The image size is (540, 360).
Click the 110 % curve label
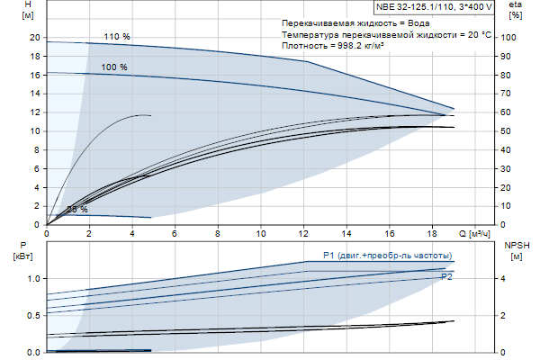pos(117,37)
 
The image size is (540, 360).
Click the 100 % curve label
pos(114,67)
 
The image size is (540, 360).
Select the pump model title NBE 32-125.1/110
pos(435,7)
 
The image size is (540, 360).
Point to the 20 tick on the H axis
pos(35,38)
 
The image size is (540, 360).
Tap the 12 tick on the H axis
pos(35,112)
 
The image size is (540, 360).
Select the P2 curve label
pos(446,277)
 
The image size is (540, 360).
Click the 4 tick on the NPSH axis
pos(505,278)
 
